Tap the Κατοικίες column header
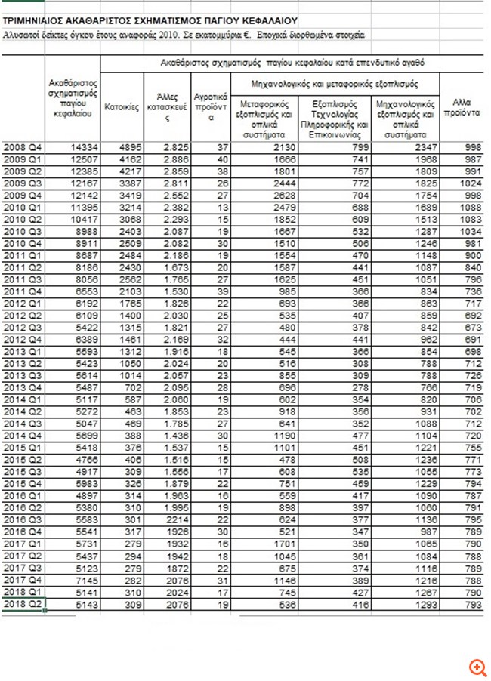point(122,107)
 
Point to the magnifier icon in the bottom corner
point(477,667)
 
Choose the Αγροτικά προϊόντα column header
point(211,107)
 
